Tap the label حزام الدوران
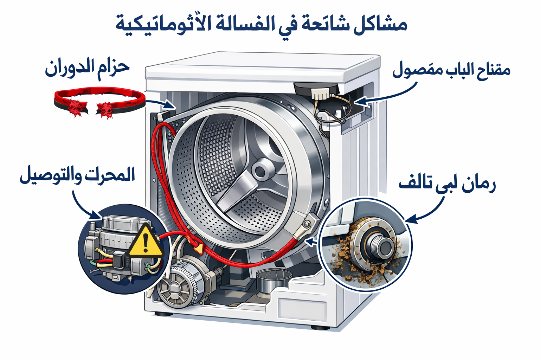pos(87,68)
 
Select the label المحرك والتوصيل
pos(77,175)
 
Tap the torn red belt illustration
pos(99,102)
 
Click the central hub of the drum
pos(261,172)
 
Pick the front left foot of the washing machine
pos(163,314)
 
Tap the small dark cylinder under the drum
pos(274,281)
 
